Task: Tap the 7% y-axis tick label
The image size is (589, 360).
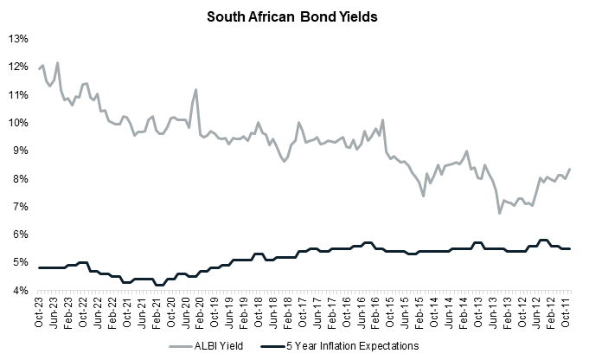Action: tap(21, 207)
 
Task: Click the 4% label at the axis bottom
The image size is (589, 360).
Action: tap(21, 291)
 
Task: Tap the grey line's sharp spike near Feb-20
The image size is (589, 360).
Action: tap(196, 89)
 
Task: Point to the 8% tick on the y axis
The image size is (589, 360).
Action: tap(21, 179)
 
